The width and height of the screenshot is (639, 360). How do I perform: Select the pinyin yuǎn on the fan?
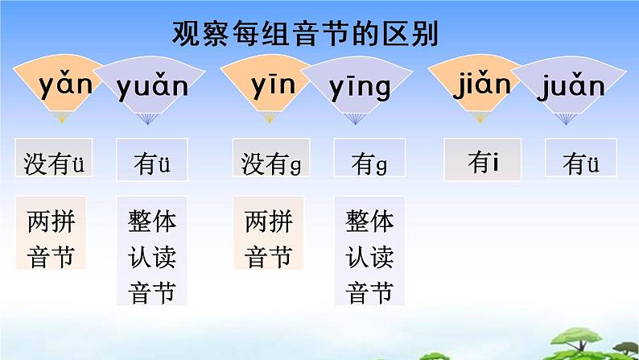pyautogui.click(x=152, y=85)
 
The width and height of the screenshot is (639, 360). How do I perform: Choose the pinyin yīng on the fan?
pyautogui.click(x=360, y=86)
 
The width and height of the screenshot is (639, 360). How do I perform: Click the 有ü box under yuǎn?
pyautogui.click(x=152, y=163)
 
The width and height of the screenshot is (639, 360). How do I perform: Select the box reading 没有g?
pyautogui.click(x=270, y=163)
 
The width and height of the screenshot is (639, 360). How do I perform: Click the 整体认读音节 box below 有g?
pyautogui.click(x=369, y=256)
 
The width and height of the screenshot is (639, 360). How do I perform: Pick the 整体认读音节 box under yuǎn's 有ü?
pyautogui.click(x=152, y=256)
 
